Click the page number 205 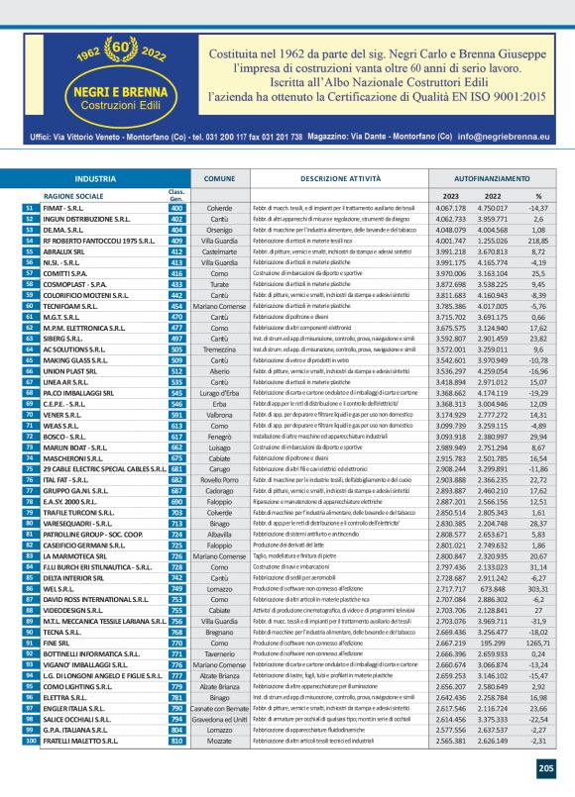(x=546, y=766)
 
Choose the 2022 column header (x=493, y=196)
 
